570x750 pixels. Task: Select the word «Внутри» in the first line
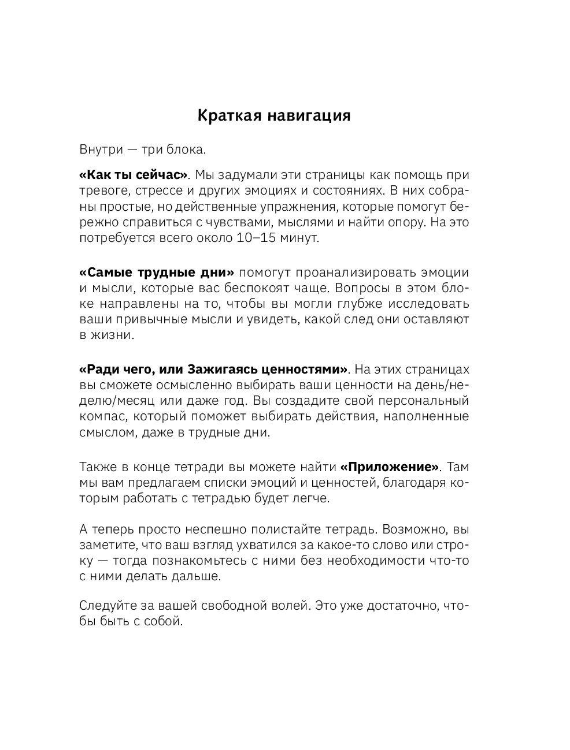pyautogui.click(x=101, y=150)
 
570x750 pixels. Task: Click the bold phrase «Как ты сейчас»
pyautogui.click(x=134, y=175)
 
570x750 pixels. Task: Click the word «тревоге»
pyautogui.click(x=101, y=191)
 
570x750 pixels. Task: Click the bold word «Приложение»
pyautogui.click(x=390, y=467)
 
